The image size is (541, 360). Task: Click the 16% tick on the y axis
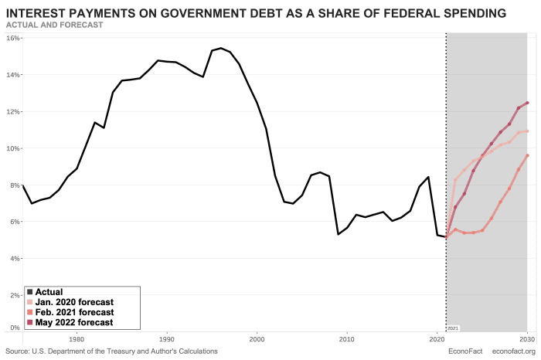13,38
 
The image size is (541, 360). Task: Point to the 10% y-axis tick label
13,148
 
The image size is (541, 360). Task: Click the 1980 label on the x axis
77,338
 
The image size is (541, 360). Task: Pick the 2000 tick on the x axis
257,338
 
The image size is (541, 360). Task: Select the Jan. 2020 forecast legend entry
74,302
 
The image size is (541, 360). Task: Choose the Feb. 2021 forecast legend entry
74,312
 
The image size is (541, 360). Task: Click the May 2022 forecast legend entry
74,322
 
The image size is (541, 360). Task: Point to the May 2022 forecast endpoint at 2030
527,103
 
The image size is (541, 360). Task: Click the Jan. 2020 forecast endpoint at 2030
527,131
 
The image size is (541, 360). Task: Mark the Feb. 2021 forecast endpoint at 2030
527,155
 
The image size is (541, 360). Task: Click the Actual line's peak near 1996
220,48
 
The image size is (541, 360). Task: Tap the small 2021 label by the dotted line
454,328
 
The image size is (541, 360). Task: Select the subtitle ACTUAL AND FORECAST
54,25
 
